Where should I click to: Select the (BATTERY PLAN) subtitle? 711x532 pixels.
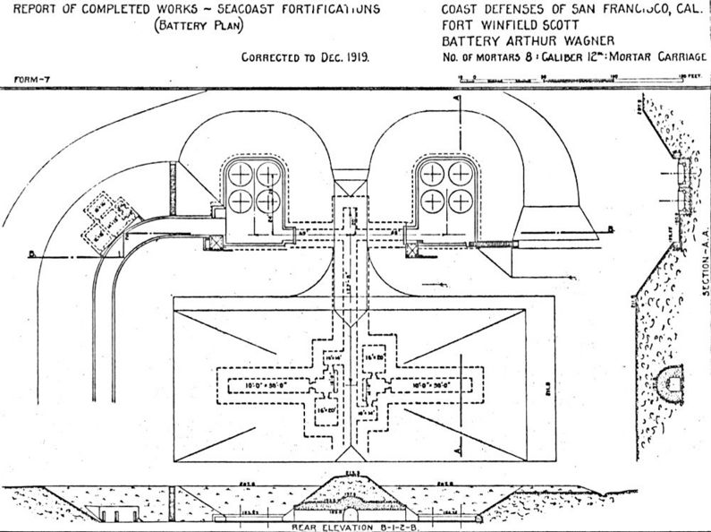199,26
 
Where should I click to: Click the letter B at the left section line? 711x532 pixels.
30,254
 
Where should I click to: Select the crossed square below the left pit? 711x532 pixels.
215,242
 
